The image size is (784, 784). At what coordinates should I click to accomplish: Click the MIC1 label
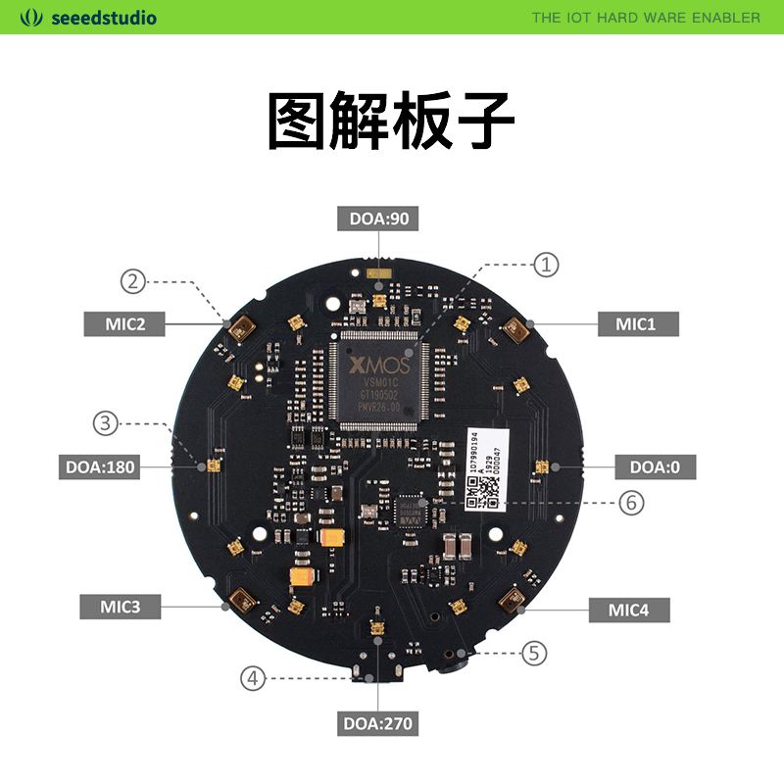635,323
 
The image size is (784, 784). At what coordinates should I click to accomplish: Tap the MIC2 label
126,323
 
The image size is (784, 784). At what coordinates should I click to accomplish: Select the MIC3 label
121,607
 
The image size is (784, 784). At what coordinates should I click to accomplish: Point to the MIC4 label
628,610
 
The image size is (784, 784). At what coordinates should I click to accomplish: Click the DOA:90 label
378,219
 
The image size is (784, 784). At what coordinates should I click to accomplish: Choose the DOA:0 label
655,467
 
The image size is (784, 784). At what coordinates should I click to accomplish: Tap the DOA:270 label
378,724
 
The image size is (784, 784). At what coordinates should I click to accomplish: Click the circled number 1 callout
546,264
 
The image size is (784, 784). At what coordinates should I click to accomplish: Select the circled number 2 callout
133,281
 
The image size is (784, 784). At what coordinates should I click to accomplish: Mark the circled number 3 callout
106,424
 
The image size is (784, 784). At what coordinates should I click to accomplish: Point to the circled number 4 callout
253,677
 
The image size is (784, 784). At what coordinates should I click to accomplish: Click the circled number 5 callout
533,652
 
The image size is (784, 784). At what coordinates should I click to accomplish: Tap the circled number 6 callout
631,503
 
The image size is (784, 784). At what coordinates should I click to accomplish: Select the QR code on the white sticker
484,493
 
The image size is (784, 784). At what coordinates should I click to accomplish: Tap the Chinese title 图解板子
391,122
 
